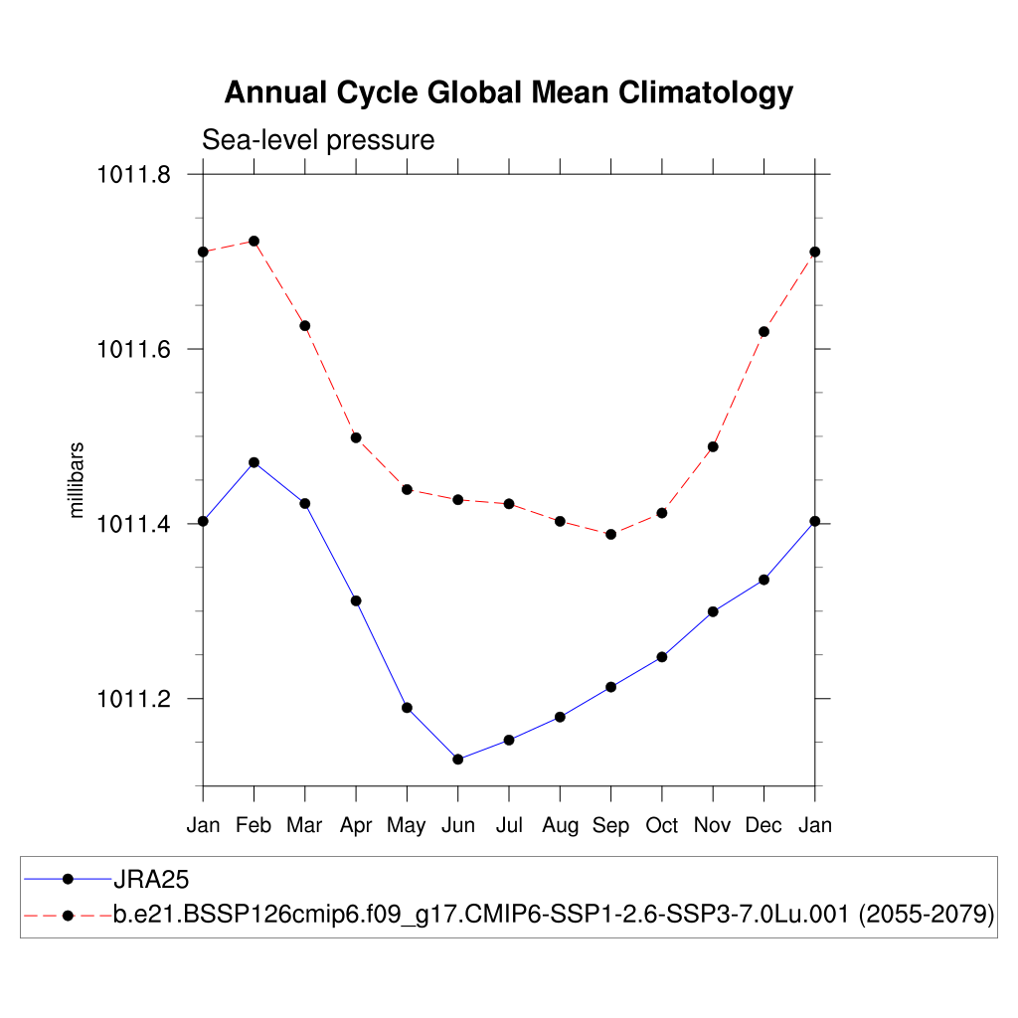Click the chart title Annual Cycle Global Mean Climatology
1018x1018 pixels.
click(508, 92)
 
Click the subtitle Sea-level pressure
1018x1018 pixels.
click(318, 140)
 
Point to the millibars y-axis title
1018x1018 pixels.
click(77, 480)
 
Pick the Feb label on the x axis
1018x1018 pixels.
click(254, 825)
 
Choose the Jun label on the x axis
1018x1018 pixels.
click(457, 825)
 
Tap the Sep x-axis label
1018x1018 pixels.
click(610, 825)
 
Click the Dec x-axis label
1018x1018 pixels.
click(763, 825)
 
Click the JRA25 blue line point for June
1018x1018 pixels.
click(457, 760)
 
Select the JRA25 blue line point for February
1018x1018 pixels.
click(254, 462)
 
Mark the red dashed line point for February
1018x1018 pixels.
click(254, 241)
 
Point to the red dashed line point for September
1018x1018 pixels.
click(610, 534)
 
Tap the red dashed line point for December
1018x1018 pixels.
click(763, 331)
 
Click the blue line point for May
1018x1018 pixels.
click(407, 708)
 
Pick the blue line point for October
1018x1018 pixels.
click(661, 657)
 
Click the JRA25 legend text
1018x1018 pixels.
click(151, 879)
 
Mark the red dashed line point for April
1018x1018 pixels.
click(355, 437)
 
